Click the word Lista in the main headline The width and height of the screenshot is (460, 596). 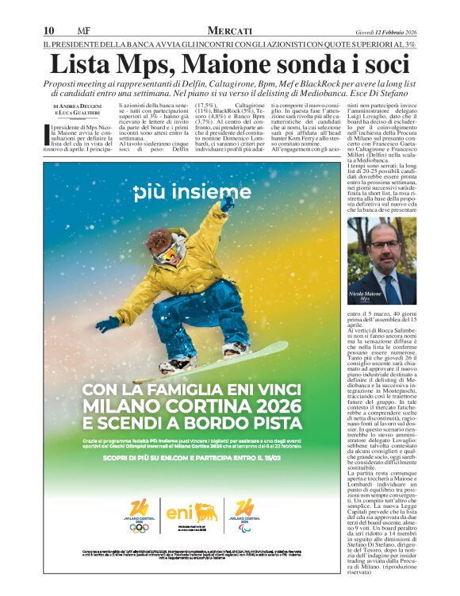click(x=80, y=63)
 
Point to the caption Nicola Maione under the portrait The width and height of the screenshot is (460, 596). click(x=364, y=294)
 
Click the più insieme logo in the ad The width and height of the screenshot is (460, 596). click(x=192, y=193)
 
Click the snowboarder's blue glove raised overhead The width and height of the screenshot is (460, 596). click(x=227, y=204)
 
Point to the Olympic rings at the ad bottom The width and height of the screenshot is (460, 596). click(x=139, y=528)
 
